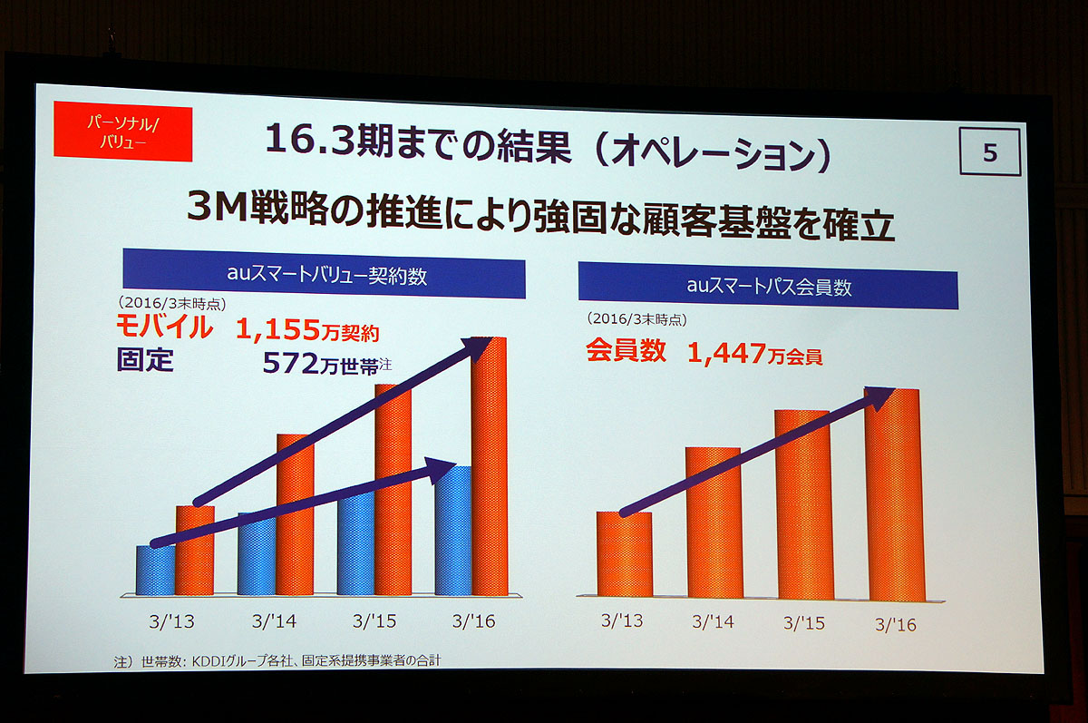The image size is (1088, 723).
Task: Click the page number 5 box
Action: (x=989, y=152)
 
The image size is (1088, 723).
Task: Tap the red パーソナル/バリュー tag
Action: (x=123, y=133)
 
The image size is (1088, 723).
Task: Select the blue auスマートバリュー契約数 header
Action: (x=324, y=278)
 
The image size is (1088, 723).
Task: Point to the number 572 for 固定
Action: (x=287, y=364)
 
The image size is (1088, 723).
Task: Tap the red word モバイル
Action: (x=164, y=327)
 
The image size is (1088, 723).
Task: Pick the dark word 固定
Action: (x=145, y=361)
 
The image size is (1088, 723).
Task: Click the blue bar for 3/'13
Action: (x=155, y=572)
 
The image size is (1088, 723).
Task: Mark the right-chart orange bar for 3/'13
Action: (x=624, y=554)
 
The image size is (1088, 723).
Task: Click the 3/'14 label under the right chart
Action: (x=713, y=622)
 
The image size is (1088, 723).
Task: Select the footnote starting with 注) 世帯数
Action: (x=277, y=661)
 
